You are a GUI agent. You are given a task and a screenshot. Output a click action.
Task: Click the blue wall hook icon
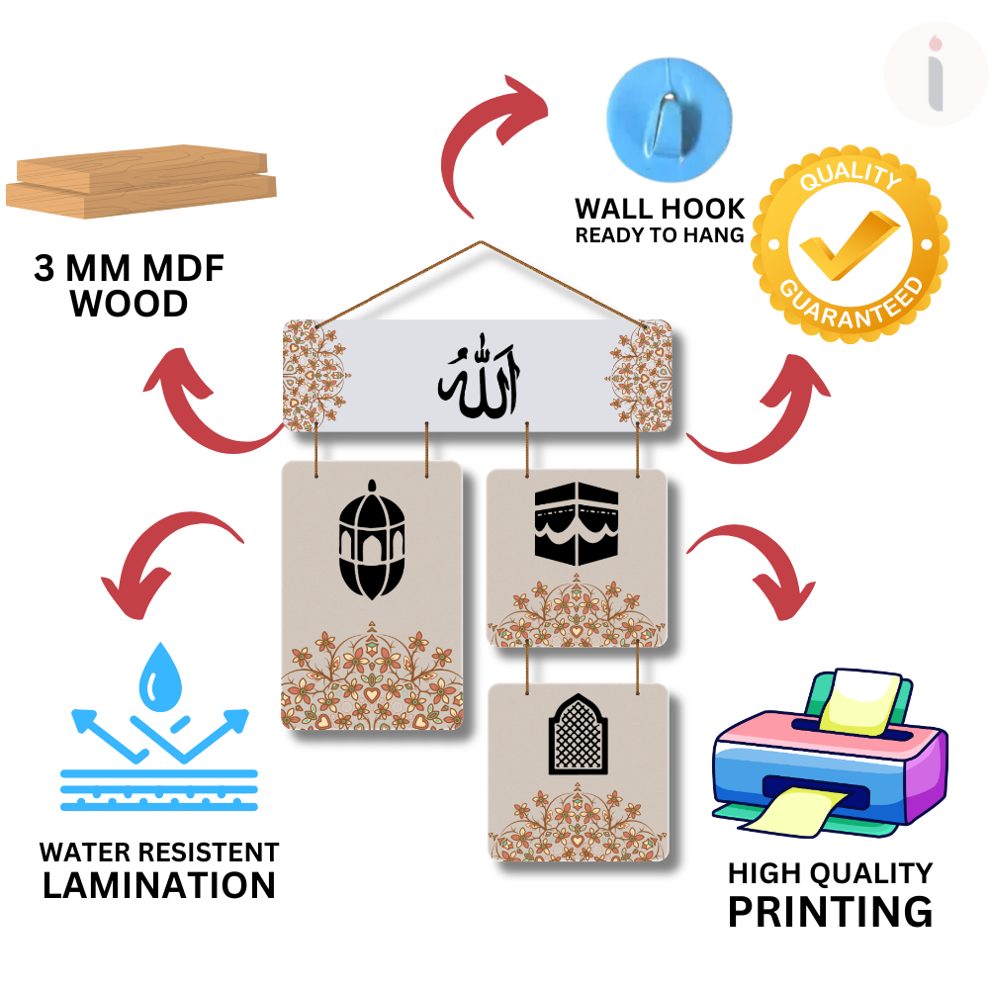669,110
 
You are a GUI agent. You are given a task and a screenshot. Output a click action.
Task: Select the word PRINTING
830,910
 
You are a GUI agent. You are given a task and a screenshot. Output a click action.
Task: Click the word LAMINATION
159,884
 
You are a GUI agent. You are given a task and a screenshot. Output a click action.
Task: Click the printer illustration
829,757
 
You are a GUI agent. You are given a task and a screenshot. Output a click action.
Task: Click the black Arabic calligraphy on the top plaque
481,378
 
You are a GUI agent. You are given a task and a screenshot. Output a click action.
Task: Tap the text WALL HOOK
660,210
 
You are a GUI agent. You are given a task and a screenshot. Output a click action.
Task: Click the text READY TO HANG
660,235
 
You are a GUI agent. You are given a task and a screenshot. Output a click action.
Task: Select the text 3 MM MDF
129,269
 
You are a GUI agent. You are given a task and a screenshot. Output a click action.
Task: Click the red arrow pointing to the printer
757,574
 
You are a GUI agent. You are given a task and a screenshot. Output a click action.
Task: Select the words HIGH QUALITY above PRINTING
830,872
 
